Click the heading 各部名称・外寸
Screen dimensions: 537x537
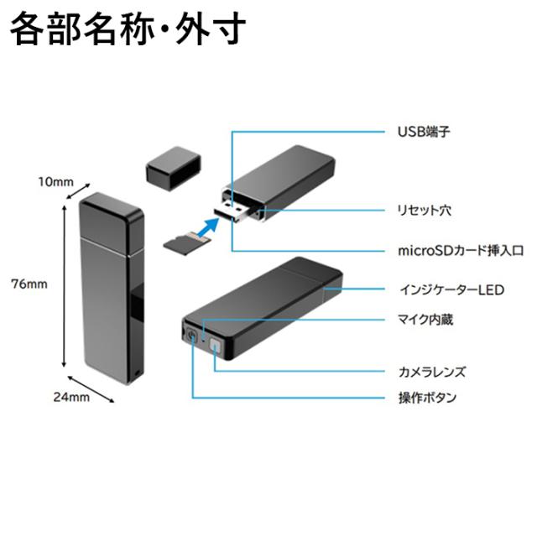pyautogui.click(x=127, y=30)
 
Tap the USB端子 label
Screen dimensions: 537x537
pyautogui.click(x=418, y=132)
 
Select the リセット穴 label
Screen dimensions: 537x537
pyautogui.click(x=424, y=210)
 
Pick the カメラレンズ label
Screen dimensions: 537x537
pyautogui.click(x=430, y=371)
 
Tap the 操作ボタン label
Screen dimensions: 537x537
pyautogui.click(x=426, y=398)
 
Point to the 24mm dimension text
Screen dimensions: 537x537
pyautogui.click(x=72, y=398)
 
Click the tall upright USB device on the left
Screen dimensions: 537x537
pyautogui.click(x=110, y=285)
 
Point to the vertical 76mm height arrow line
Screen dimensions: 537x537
pyautogui.click(x=65, y=285)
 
